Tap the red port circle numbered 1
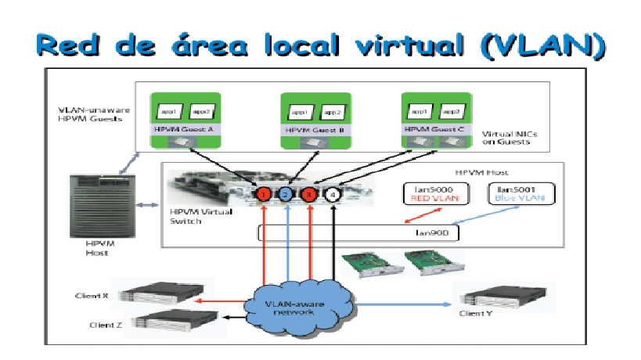(x=265, y=193)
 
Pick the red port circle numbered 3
(x=311, y=193)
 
